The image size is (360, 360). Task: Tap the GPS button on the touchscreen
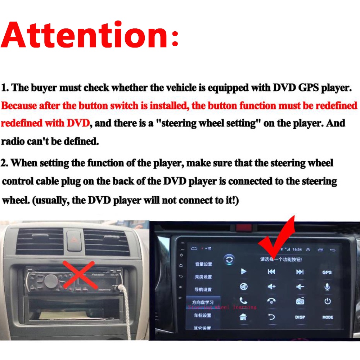(327, 272)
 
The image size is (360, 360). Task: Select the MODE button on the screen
(328, 317)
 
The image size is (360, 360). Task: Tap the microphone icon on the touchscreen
(327, 287)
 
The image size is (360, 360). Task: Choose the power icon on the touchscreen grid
(327, 301)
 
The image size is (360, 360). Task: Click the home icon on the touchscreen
(243, 317)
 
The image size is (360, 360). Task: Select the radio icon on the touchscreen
(300, 301)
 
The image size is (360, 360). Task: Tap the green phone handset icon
(244, 301)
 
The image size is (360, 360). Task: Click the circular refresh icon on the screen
(229, 259)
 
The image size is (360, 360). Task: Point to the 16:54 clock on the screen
(297, 249)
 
